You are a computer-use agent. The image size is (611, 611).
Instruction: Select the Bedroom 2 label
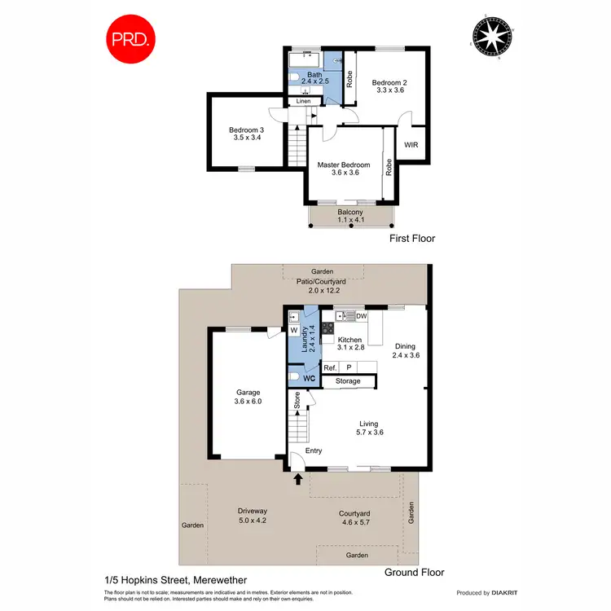[389, 86]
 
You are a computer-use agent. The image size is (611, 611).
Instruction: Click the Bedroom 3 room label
[246, 134]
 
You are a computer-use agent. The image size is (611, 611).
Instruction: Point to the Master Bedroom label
[344, 169]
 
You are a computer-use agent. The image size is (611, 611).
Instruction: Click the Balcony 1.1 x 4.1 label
[350, 216]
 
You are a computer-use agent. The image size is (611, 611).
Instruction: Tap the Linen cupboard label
[303, 101]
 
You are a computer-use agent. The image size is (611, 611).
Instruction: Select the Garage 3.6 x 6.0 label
[248, 397]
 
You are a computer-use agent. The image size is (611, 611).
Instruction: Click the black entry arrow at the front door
[298, 481]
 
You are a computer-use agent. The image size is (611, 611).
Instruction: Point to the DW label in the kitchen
[361, 316]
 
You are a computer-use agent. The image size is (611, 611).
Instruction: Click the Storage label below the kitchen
[348, 381]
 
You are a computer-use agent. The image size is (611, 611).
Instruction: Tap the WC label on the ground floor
[309, 378]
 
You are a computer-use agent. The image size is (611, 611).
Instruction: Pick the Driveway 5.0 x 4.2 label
[253, 516]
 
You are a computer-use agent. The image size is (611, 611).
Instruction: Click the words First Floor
[413, 239]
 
